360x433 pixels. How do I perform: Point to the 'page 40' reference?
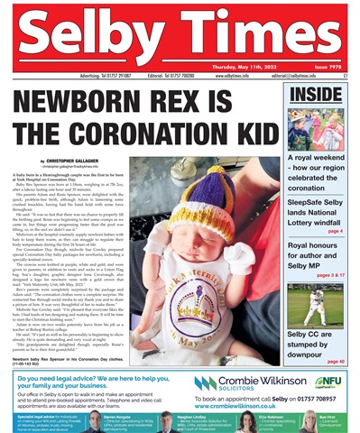[334, 362]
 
